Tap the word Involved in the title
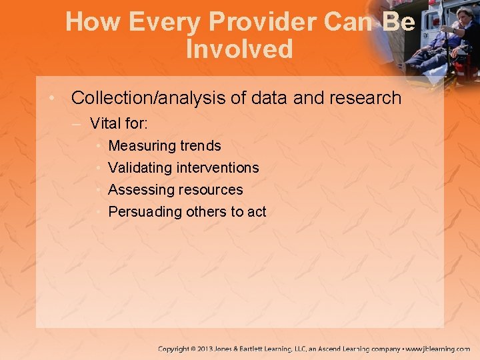tap(239, 49)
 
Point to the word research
tap(363, 98)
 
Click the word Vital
tap(105, 123)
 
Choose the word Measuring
tap(141, 146)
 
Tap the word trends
tap(200, 146)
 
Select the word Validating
tap(140, 168)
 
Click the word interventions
tap(217, 168)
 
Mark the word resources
tap(210, 190)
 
